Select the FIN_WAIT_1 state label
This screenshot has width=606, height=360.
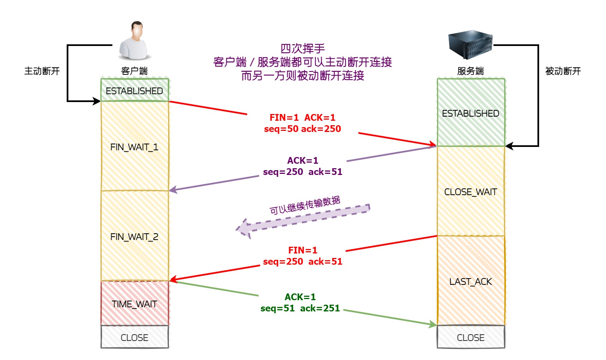(x=135, y=147)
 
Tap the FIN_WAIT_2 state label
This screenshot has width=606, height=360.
(x=135, y=237)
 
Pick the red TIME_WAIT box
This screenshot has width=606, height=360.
(x=135, y=303)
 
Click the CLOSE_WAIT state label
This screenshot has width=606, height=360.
(x=470, y=192)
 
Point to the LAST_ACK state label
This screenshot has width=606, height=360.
(x=470, y=281)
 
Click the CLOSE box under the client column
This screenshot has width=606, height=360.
(x=135, y=337)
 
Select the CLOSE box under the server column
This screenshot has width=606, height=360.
(x=470, y=337)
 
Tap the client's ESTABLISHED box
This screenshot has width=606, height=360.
(x=135, y=90)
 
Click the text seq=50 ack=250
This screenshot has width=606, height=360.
(x=302, y=129)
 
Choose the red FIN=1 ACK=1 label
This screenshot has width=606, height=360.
(x=302, y=117)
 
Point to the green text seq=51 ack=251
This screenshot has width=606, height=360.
(x=300, y=308)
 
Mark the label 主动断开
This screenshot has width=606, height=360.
(x=42, y=71)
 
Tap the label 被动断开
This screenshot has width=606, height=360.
(x=563, y=71)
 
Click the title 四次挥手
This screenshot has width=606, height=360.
(x=302, y=48)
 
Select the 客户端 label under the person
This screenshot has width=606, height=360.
(x=135, y=71)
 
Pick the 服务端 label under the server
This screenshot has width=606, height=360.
(x=470, y=71)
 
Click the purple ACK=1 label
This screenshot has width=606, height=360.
(x=303, y=160)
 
